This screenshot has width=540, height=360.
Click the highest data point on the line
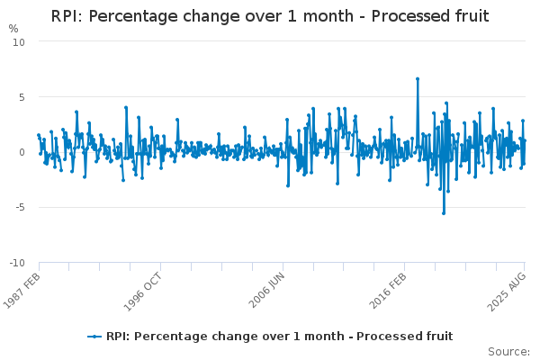click(418, 79)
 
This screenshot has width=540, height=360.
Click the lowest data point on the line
click(444, 213)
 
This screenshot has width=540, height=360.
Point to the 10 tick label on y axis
click(19, 42)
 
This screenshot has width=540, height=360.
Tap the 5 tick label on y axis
click(22, 97)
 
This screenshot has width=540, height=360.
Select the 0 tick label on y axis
click(22, 152)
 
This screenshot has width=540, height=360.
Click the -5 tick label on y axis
click(20, 207)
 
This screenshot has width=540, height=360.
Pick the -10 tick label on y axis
click(17, 263)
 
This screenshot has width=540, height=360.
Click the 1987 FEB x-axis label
click(22, 291)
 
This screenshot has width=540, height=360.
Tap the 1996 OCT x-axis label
click(142, 292)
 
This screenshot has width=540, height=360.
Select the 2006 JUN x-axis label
click(266, 290)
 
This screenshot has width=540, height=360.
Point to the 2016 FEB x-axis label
click(388, 291)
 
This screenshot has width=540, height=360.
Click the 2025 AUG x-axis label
click(506, 292)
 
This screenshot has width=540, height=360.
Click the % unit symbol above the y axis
click(13, 29)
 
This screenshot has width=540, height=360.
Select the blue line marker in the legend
click(94, 337)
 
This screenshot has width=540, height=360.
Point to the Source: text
click(508, 352)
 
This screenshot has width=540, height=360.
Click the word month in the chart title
click(328, 16)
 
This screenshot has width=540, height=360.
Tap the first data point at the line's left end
click(39, 135)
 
